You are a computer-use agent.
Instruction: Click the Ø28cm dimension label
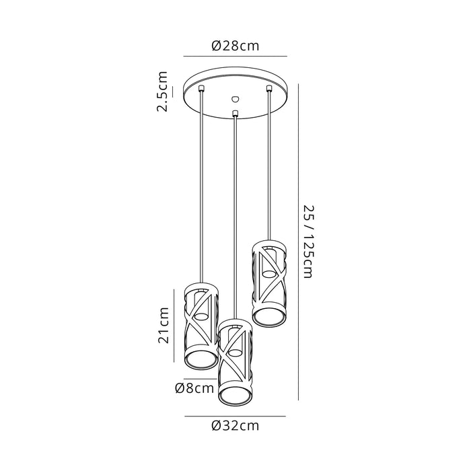coord(235,46)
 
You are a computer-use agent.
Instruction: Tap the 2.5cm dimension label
coord(162,92)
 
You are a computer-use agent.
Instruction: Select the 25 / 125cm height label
coord(308,242)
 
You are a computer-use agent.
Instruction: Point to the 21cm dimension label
coord(164,325)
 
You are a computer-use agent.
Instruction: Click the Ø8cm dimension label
coord(194,388)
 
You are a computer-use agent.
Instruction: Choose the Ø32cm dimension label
coord(235,426)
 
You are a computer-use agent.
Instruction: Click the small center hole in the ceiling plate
coord(235,98)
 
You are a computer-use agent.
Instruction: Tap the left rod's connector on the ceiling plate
coord(201,88)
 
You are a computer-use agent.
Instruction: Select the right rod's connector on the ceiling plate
coord(269,88)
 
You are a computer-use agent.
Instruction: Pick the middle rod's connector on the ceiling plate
coord(235,113)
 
